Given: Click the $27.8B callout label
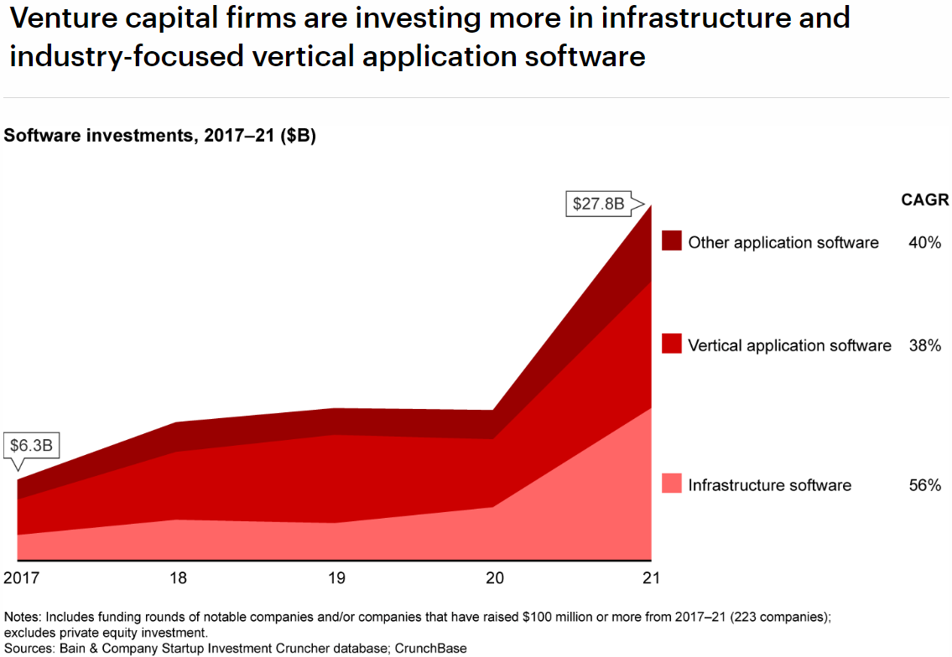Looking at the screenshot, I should (598, 204).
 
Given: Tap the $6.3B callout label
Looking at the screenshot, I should (31, 445).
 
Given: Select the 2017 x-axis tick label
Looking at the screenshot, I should (22, 578).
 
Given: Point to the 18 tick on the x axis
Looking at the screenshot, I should (178, 578).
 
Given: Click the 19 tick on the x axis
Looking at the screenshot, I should (336, 578).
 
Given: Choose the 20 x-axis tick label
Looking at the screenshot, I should (494, 578).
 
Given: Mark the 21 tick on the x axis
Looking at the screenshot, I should (652, 578).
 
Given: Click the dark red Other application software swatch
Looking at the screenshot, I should (671, 241).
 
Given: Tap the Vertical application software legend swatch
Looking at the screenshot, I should (671, 344).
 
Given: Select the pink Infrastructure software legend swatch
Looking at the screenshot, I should (671, 484).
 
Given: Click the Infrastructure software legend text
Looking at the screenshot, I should (769, 485).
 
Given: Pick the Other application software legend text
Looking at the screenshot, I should (783, 243).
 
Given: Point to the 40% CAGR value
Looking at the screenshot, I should (924, 243).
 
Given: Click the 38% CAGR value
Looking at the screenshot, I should (924, 345).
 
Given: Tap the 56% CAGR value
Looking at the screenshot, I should (924, 485).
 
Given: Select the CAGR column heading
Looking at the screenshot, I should (924, 200).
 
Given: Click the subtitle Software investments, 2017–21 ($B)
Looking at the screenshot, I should (160, 136).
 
